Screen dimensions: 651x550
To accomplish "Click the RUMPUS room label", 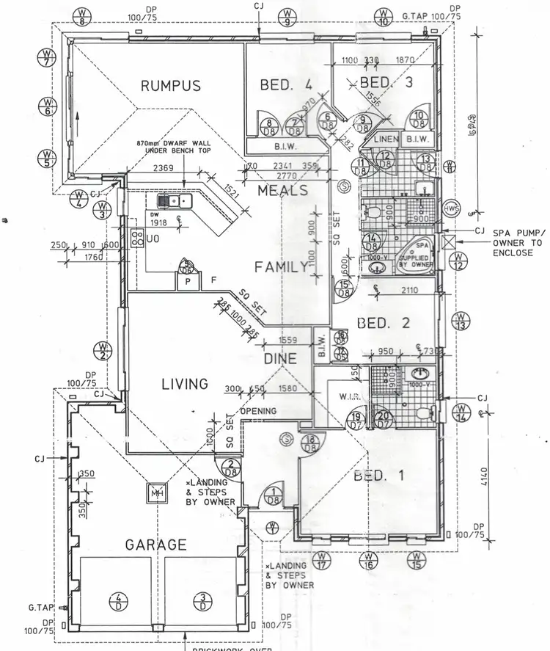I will tap(170, 86).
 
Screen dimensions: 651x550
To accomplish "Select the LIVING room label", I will tap(184, 384).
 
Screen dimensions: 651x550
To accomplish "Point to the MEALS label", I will tap(283, 190).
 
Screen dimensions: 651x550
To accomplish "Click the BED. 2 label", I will tap(382, 323).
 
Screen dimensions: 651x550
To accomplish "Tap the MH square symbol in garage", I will tap(156, 493).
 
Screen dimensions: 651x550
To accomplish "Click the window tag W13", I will tap(461, 321).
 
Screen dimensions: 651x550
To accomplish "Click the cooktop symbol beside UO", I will tap(136, 236).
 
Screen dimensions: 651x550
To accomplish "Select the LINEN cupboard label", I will tap(386, 139).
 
